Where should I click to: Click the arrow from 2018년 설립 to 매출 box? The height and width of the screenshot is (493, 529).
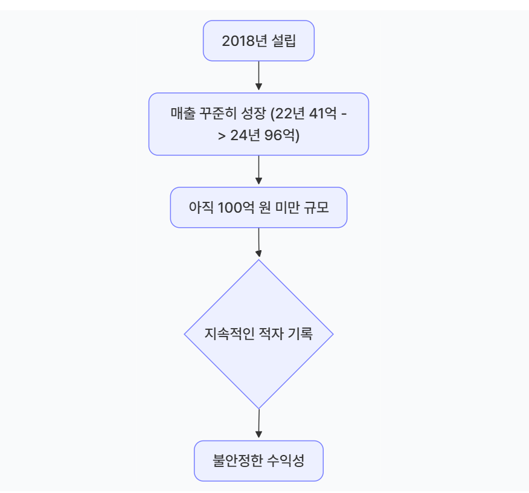(258, 76)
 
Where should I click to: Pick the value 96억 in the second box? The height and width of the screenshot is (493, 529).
(282, 135)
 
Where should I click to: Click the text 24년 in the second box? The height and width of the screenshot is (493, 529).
(246, 135)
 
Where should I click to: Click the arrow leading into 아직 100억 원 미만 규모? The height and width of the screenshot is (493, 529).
(258, 171)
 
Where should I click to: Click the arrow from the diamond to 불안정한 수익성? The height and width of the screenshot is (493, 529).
(258, 424)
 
